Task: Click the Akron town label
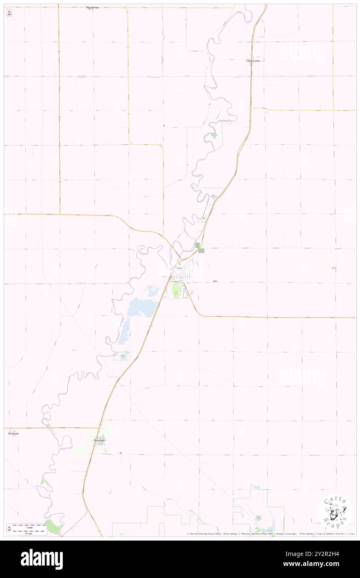point(179,268)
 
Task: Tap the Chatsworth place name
point(253,61)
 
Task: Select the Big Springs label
point(92,7)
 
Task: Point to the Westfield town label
point(99,440)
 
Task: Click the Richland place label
point(13,433)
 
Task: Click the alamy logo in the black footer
point(42,559)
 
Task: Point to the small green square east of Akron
point(215,282)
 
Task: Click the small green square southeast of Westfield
point(121,453)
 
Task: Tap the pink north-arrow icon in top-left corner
point(10,12)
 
